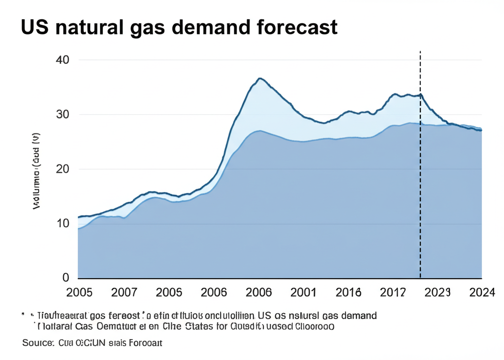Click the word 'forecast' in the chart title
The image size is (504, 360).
click(x=297, y=28)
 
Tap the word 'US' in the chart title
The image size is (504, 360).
click(x=34, y=28)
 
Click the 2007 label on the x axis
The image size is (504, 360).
click(x=124, y=293)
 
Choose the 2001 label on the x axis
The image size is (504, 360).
click(x=303, y=293)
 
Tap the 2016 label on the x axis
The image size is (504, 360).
click(x=348, y=293)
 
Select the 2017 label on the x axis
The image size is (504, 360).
click(x=394, y=293)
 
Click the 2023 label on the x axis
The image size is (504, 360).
click(x=437, y=293)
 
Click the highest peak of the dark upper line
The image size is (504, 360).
click(x=260, y=78)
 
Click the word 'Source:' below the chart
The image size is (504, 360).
click(x=37, y=343)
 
